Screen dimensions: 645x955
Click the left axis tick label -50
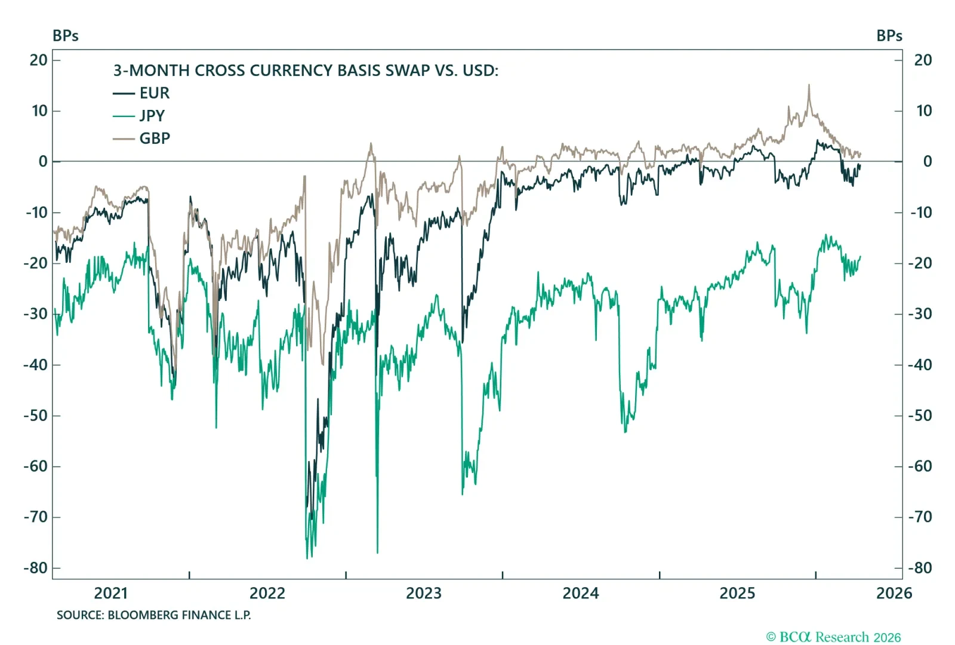(36, 416)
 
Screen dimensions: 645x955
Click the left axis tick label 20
(39, 60)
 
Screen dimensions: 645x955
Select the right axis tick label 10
(923, 111)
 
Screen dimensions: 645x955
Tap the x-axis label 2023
(424, 594)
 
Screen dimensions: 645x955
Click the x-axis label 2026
(894, 594)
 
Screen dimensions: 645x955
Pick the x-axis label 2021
(111, 594)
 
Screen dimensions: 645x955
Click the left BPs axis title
(66, 36)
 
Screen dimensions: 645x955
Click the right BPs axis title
(889, 36)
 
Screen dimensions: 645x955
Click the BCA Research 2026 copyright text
(833, 637)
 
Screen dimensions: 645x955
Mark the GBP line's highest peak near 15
(809, 85)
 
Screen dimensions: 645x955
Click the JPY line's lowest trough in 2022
(307, 558)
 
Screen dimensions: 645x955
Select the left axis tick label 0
(43, 162)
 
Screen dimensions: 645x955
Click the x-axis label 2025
(737, 594)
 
